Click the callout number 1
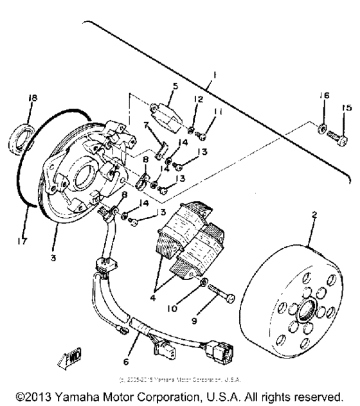214,75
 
